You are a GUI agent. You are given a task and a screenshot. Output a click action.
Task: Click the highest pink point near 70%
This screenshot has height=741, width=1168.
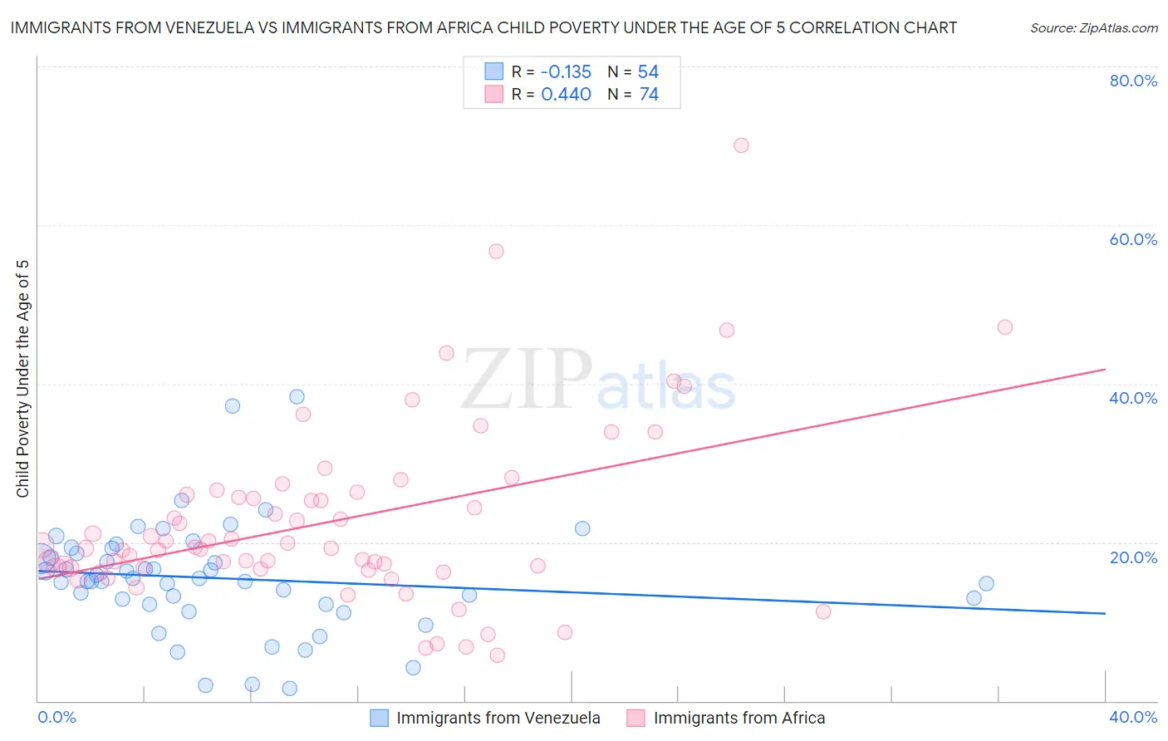coord(741,145)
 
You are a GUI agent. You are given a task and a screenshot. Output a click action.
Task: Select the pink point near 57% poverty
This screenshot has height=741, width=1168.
coord(496,251)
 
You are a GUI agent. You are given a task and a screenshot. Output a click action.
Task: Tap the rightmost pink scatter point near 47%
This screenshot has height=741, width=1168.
coord(1004,327)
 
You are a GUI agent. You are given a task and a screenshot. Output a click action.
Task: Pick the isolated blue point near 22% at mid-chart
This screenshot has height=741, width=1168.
coord(582,528)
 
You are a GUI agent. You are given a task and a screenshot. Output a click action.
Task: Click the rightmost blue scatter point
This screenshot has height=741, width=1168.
coord(986,583)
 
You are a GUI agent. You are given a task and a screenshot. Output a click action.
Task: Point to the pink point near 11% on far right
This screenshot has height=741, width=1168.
coord(823,611)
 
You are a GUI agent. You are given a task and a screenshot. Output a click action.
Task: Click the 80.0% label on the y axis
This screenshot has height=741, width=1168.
coord(1133,81)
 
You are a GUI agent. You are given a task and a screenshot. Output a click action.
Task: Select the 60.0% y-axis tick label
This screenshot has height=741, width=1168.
coord(1133,239)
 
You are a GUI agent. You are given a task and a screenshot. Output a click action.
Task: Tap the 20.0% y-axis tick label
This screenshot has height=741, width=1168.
coord(1133,557)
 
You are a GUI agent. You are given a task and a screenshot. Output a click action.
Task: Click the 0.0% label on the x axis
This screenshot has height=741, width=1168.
coord(57,717)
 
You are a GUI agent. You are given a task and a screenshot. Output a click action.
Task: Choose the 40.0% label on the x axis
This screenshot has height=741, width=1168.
coord(1133,717)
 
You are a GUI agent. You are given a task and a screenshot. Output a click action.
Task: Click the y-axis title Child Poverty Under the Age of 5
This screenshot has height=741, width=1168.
coord(23,379)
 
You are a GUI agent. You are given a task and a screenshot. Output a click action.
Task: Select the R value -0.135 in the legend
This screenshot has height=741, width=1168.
coord(566,72)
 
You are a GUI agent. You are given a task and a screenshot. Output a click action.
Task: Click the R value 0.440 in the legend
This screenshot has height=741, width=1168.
coord(566,95)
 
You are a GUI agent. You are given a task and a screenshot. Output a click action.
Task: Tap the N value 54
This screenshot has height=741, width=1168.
coord(648,72)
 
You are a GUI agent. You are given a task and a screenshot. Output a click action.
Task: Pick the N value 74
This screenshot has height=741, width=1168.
coord(649,95)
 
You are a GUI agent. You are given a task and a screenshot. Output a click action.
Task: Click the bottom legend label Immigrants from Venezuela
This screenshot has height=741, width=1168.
coord(498,718)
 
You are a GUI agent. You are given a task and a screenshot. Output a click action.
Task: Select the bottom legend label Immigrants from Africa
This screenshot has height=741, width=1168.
coord(739,718)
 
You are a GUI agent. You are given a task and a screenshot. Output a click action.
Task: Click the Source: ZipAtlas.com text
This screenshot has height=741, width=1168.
coord(1093,28)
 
